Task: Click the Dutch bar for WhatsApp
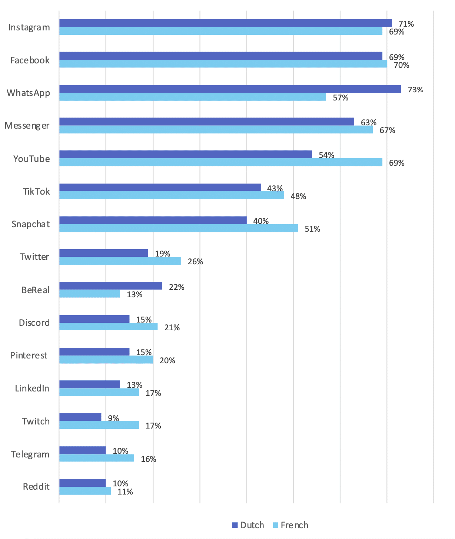click(x=230, y=89)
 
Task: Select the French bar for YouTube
click(x=220, y=162)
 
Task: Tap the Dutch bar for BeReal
click(x=110, y=285)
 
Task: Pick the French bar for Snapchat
click(x=178, y=228)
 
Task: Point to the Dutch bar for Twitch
click(x=80, y=417)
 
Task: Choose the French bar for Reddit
click(x=85, y=491)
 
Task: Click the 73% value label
click(x=415, y=90)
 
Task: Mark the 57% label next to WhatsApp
click(x=341, y=98)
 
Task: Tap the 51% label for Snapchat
click(x=312, y=229)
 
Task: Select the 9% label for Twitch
click(x=113, y=418)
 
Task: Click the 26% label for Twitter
click(x=195, y=262)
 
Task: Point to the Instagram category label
click(x=29, y=28)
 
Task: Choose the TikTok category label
click(x=36, y=192)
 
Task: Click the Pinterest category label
click(x=29, y=356)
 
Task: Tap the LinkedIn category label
click(x=32, y=388)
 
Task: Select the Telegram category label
click(x=30, y=454)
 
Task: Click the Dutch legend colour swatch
click(x=235, y=525)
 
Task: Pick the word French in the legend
click(x=294, y=525)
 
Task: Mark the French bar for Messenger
click(x=216, y=129)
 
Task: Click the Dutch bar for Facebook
click(x=220, y=56)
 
